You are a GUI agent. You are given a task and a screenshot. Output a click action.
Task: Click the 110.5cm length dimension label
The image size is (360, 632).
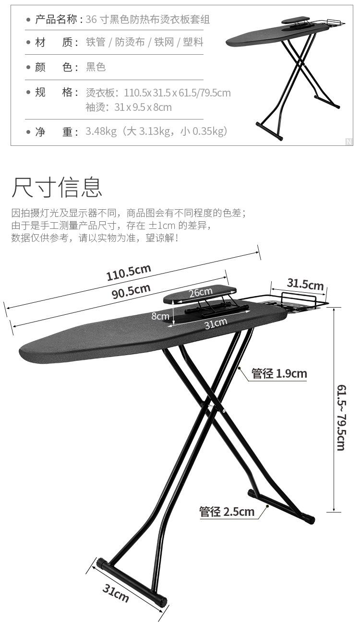coord(129,272)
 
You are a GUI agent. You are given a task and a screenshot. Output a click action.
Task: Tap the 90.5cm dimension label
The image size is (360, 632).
coord(131,291)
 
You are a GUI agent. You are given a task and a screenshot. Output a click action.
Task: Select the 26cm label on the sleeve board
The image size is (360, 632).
coord(200,292)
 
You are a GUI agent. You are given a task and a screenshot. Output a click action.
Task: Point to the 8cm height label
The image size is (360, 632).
coord(160,316)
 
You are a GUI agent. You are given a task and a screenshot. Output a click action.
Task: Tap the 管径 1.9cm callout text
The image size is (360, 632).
coord(279,373)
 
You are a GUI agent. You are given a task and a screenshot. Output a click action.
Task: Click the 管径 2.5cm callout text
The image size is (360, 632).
coord(227,512)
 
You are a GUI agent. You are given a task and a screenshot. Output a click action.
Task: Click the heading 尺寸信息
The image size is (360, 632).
coord(57,187)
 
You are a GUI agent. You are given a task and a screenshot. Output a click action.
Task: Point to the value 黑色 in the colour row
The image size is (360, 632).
coord(96,67)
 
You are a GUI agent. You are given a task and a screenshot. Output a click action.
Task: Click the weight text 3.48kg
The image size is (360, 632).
coord(101,131)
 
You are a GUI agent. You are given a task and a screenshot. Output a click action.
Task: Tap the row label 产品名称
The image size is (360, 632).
coord(56,20)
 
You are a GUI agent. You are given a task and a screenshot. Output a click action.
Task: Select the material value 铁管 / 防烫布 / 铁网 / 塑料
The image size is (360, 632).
coord(144,42)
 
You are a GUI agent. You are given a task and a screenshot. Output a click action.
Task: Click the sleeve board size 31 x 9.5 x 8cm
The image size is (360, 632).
coord(143,107)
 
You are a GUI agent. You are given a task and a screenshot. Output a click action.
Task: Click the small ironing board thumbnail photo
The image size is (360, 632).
coord(285,74)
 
